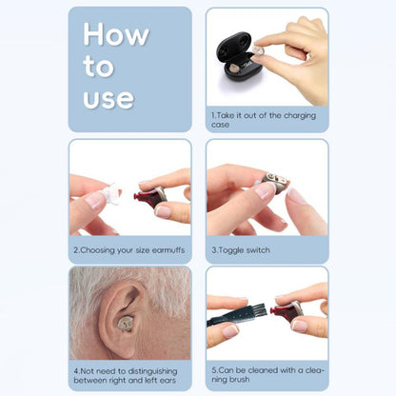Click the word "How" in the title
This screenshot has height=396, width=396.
tap(116, 35)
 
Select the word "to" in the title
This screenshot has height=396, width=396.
tap(99, 67)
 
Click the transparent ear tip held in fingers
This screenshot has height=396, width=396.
tap(108, 195)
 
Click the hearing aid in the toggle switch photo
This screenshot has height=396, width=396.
tap(275, 184)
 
